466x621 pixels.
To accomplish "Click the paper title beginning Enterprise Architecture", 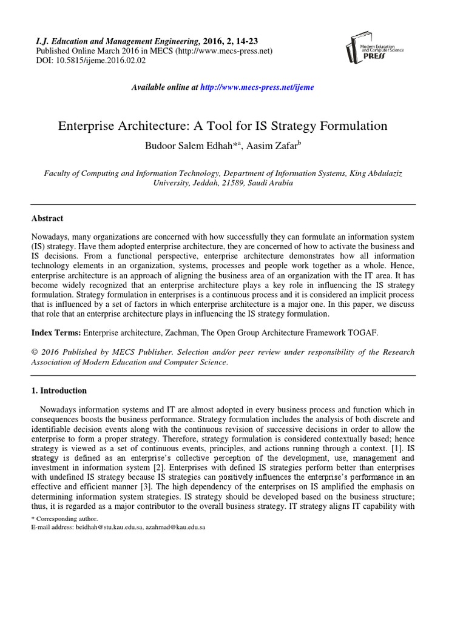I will (222, 126).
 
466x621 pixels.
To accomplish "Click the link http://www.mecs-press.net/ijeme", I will (257, 87).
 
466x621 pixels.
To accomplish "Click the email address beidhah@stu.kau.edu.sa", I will (107, 528).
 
